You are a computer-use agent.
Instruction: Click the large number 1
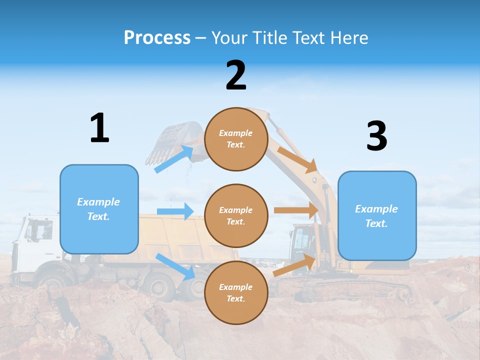coord(99,128)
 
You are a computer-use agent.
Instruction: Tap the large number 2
coord(236,75)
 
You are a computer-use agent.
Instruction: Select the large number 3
coord(376,136)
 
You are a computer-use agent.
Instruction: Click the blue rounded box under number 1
coord(99,209)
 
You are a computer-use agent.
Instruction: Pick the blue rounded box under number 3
coord(377,215)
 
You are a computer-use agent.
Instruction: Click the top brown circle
coord(236,139)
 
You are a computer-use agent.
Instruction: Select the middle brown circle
coord(236,215)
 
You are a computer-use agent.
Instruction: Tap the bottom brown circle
coord(236,292)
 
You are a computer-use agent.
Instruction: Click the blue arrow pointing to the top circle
coord(174,159)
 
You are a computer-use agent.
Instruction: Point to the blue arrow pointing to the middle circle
coord(175,211)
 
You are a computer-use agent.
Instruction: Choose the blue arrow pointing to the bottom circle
coord(175,266)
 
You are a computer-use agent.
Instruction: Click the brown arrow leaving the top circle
coord(297,159)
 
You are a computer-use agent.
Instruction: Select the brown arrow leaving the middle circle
coord(296,210)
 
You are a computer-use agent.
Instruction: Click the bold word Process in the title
coord(157,37)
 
